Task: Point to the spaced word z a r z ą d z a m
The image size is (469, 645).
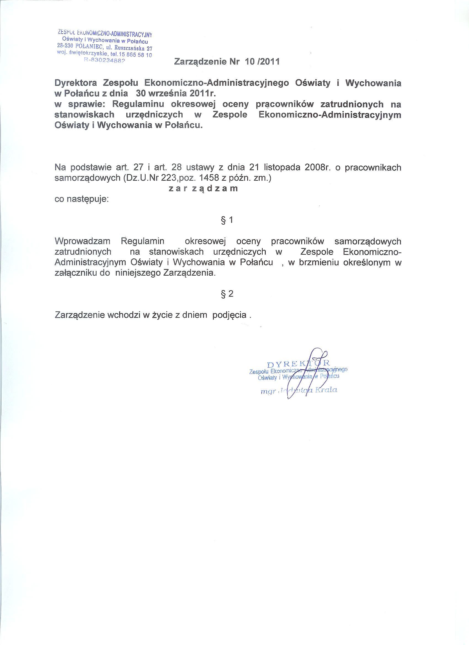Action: pyautogui.click(x=203, y=188)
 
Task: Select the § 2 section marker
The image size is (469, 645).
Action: pyautogui.click(x=227, y=294)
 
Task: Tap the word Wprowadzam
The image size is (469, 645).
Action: pyautogui.click(x=82, y=241)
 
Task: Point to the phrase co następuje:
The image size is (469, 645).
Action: pyautogui.click(x=82, y=199)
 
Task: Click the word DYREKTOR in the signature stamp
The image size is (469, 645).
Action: pyautogui.click(x=298, y=363)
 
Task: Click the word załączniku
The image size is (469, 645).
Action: pyautogui.click(x=75, y=273)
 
